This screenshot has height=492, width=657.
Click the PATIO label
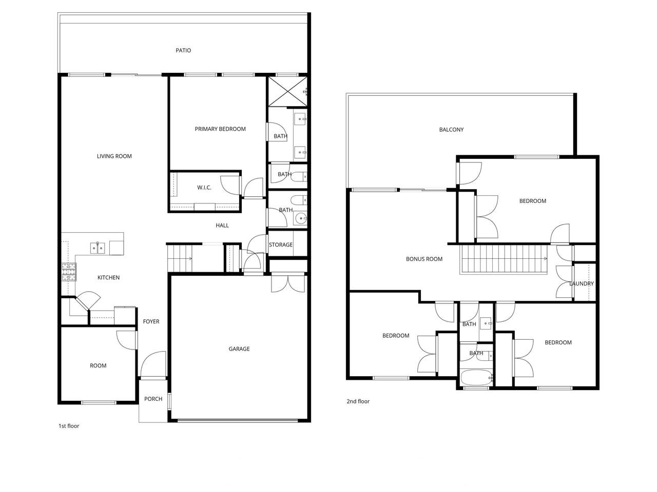183,51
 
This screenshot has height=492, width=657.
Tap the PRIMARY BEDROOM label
220,129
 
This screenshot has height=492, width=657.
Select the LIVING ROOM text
114,156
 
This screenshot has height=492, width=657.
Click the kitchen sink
98,248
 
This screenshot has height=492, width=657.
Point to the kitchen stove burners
69,272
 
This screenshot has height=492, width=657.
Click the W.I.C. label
204,188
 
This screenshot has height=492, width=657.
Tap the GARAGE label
239,349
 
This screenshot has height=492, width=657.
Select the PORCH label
153,399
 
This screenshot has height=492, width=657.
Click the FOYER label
151,322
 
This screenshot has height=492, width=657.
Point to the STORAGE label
280,245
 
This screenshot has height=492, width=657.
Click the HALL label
222,225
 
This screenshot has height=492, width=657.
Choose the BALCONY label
451,130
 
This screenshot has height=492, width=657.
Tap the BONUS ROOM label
424,259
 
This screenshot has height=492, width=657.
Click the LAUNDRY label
581,284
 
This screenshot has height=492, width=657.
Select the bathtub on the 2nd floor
476,378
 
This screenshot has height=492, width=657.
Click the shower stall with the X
287,91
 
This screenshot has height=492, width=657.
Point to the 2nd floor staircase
504,259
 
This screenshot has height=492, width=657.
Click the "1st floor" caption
69,426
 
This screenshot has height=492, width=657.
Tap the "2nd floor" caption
358,401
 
